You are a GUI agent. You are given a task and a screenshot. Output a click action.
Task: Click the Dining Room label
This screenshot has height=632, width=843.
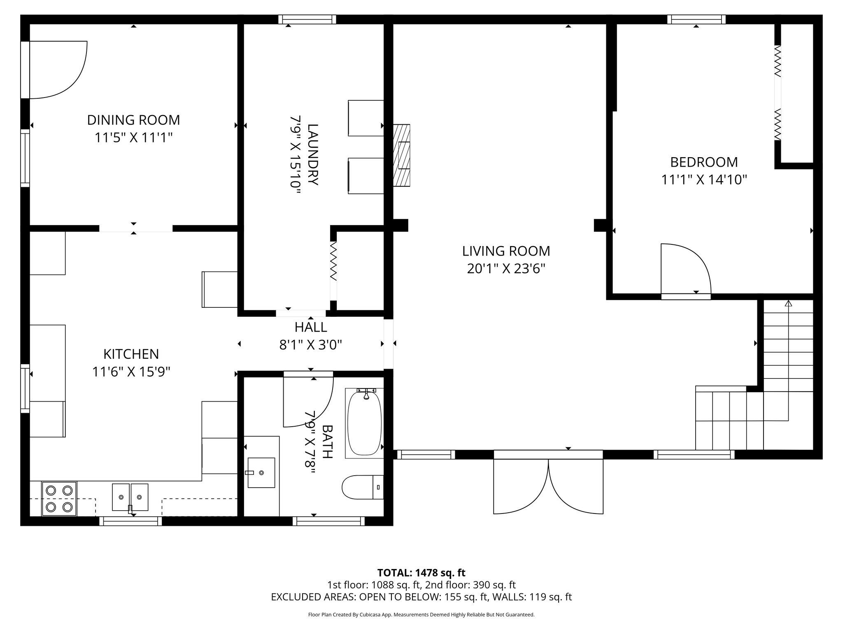(x=133, y=120)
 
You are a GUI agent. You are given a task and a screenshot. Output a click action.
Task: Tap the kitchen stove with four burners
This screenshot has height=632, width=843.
(x=59, y=498)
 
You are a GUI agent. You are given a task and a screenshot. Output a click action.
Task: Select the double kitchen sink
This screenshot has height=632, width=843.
(x=130, y=497)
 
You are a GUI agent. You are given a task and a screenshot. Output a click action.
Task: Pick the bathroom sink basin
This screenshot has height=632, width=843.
(x=261, y=473)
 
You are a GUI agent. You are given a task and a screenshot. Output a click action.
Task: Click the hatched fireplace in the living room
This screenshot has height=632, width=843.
(x=402, y=156)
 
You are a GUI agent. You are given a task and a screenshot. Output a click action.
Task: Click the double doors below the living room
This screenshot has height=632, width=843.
(x=548, y=486)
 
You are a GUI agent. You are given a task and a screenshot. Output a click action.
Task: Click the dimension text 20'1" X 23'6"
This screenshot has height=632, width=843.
(x=506, y=269)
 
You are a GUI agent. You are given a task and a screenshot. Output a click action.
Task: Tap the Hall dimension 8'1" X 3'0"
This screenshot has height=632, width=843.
(x=311, y=344)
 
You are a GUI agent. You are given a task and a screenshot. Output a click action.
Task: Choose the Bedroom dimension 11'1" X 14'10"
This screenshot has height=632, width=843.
(x=704, y=180)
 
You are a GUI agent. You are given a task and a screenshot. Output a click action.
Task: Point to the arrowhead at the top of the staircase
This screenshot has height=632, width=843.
(x=788, y=304)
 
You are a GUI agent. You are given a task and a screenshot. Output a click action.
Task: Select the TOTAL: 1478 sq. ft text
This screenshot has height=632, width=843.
(x=421, y=573)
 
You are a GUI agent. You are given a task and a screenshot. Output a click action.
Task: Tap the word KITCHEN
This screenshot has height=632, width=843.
(x=131, y=354)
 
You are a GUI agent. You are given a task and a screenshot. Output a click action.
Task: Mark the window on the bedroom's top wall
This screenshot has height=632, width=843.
(x=696, y=19)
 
